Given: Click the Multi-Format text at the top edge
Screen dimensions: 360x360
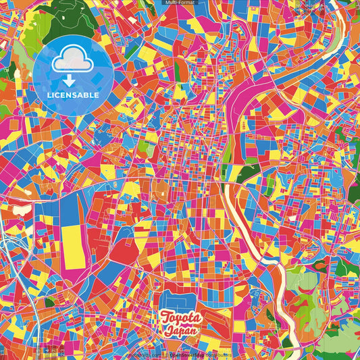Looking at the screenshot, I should click(x=180, y=3).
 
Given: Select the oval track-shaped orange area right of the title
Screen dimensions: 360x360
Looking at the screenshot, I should click(x=223, y=317).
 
